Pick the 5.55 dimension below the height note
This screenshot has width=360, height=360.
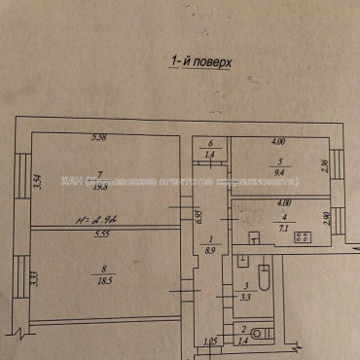[x=101, y=234]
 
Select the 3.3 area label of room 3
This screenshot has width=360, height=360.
[x=245, y=296]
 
